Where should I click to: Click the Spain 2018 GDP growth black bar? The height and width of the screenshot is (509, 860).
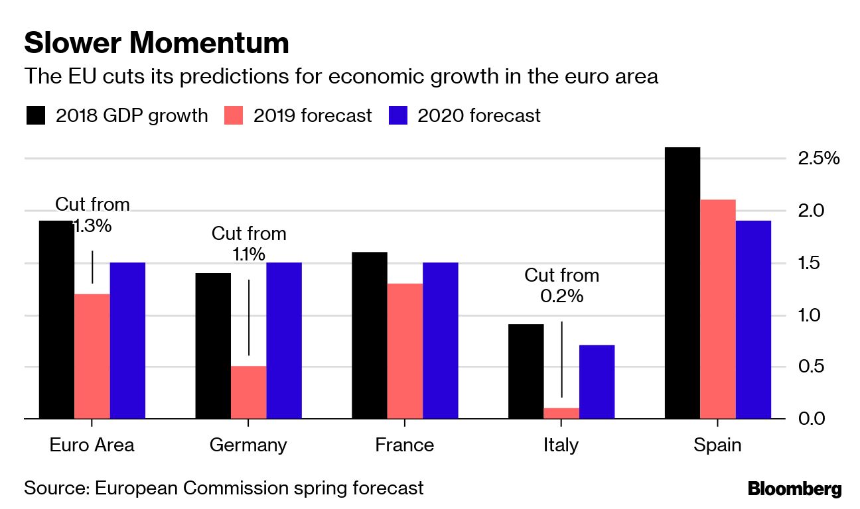pos(682,283)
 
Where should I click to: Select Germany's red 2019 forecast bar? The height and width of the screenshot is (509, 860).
pos(248,392)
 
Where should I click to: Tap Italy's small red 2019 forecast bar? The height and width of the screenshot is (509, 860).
pos(561,413)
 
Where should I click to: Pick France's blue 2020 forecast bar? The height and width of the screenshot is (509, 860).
pos(440,341)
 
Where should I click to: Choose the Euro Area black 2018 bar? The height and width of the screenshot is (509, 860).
pos(56,319)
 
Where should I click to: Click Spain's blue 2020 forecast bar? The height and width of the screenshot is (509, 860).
pos(753,319)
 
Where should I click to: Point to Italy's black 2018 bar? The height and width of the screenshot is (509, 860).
pos(526,371)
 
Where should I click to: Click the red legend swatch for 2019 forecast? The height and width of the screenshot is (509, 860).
pos(234,116)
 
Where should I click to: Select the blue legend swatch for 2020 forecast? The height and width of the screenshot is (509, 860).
pos(397,116)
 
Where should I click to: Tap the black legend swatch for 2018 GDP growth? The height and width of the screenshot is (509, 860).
pos(36,116)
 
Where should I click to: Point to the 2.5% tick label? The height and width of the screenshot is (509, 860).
pos(818,159)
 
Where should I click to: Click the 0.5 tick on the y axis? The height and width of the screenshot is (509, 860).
pos(813,367)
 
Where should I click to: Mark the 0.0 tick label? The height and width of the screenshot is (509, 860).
pos(813,419)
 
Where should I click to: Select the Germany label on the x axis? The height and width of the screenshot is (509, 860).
pos(248,445)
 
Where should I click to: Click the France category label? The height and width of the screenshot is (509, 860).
pos(404,445)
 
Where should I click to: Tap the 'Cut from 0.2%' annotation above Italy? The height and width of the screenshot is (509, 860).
pos(561,285)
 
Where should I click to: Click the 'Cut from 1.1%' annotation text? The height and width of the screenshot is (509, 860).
pos(249,243)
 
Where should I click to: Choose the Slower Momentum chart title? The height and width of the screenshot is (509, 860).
pos(157,43)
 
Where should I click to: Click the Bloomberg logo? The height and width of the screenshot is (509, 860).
pos(794,490)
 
